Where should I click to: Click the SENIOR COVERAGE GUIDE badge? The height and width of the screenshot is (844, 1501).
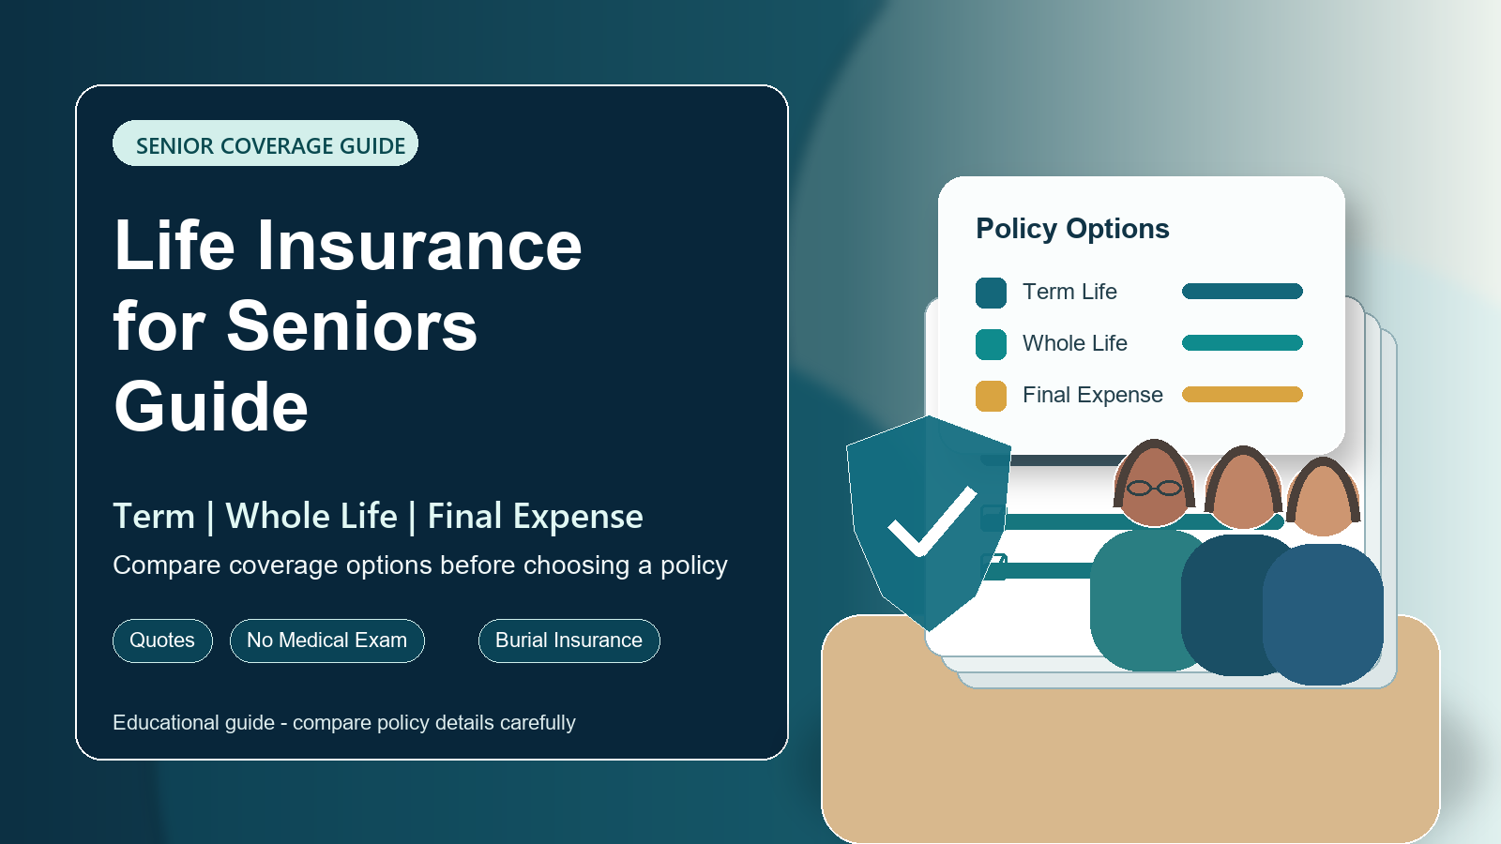[x=265, y=143]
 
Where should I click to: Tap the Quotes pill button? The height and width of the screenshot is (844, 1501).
[x=163, y=641]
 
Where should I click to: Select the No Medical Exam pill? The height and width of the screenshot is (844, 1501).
[x=327, y=641]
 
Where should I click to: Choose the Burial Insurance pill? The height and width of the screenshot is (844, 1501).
[x=569, y=641]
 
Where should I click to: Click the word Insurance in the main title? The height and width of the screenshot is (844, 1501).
[x=419, y=246]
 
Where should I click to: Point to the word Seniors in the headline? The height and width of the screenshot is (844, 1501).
[x=352, y=327]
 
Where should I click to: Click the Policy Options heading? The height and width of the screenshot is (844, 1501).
[x=1072, y=229]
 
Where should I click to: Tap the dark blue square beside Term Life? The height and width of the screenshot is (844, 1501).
[x=991, y=293]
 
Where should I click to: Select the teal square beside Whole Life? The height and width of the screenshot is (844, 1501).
[x=991, y=344]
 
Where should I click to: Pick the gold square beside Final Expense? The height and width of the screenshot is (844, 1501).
[x=991, y=396]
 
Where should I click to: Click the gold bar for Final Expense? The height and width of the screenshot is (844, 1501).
[x=1242, y=395]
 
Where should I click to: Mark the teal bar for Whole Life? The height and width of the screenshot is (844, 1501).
[x=1242, y=343]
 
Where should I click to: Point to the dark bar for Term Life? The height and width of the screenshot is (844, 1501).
[x=1242, y=291]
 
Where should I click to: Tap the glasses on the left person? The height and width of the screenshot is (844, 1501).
[x=1154, y=489]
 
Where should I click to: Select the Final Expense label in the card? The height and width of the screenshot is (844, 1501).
[x=1092, y=395]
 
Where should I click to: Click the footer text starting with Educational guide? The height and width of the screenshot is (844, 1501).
[x=343, y=723]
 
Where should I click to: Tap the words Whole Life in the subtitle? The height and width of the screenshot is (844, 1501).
[x=311, y=517]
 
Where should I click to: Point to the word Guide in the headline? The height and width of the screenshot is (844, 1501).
[x=211, y=407]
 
